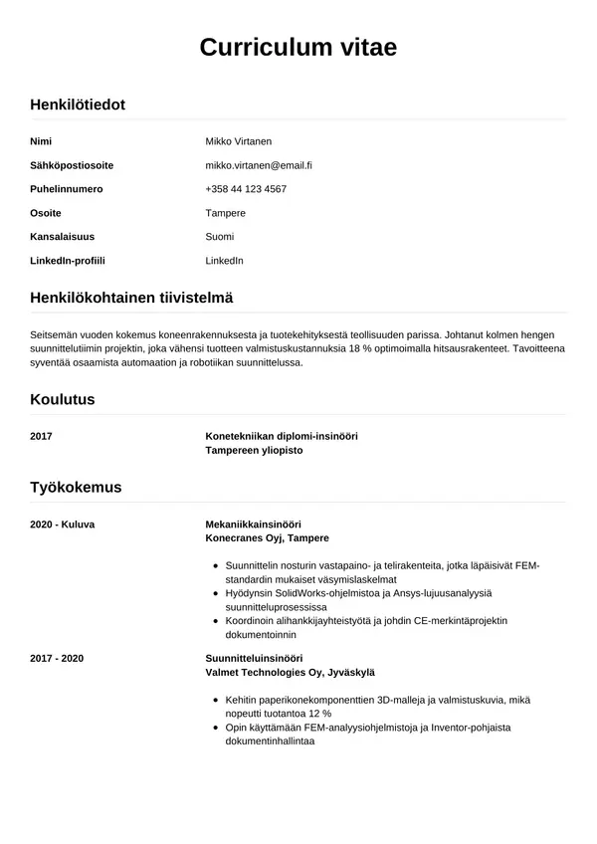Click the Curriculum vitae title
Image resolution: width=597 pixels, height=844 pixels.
click(298, 47)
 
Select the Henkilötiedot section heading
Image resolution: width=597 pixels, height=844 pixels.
click(78, 105)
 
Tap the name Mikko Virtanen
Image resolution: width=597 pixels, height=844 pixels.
click(239, 141)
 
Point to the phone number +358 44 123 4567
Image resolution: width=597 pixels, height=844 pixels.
click(246, 189)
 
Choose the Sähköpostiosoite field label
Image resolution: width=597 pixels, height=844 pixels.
click(72, 165)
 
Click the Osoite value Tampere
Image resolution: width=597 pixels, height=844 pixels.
click(225, 213)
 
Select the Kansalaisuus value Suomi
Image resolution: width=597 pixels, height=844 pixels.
click(220, 237)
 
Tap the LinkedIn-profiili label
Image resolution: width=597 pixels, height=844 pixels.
click(68, 261)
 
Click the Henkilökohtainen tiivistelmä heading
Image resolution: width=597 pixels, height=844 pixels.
click(131, 298)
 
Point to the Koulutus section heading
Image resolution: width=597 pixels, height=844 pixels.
click(63, 399)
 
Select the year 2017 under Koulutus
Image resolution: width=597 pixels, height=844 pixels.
click(42, 436)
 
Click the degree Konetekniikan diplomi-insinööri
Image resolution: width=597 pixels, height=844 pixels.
click(282, 436)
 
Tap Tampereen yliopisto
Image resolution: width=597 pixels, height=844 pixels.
click(254, 450)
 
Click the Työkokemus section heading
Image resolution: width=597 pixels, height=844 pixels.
click(76, 487)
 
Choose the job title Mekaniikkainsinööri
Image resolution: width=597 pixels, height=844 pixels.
click(253, 524)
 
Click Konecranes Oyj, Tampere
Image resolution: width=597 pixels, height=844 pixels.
click(267, 537)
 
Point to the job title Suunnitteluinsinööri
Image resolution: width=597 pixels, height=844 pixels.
click(254, 658)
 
